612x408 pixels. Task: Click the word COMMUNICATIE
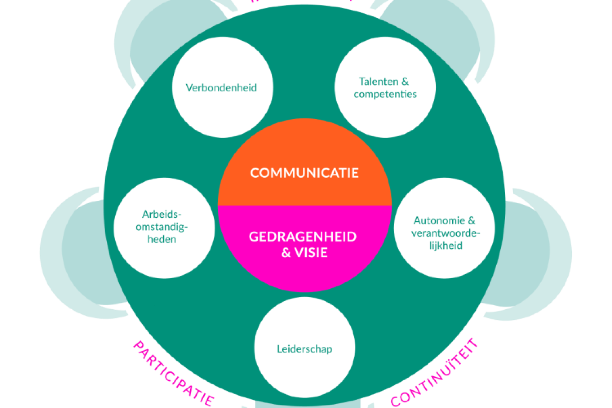(304, 173)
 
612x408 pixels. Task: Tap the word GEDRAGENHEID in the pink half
(303, 237)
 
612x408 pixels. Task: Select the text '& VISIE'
(304, 252)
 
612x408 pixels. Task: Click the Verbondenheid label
(221, 88)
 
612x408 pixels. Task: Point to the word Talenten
(378, 81)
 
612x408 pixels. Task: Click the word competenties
(385, 94)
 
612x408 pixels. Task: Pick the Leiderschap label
(305, 349)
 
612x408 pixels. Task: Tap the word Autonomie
(439, 220)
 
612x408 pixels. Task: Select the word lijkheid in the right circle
(446, 246)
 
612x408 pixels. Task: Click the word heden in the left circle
(162, 239)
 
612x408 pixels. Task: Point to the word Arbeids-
(162, 214)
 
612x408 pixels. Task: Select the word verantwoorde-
(446, 233)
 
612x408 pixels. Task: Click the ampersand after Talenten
(405, 81)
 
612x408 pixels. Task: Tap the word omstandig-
(162, 227)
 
